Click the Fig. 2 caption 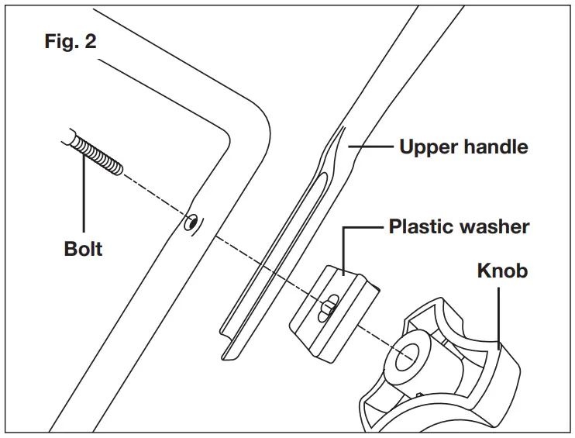pyautogui.click(x=70, y=41)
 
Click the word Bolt pyautogui.click(x=83, y=250)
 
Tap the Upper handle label pyautogui.click(x=463, y=146)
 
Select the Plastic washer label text pyautogui.click(x=459, y=226)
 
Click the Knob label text pyautogui.click(x=502, y=270)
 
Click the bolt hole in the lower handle pyautogui.click(x=190, y=223)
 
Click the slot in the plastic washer pyautogui.click(x=329, y=304)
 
